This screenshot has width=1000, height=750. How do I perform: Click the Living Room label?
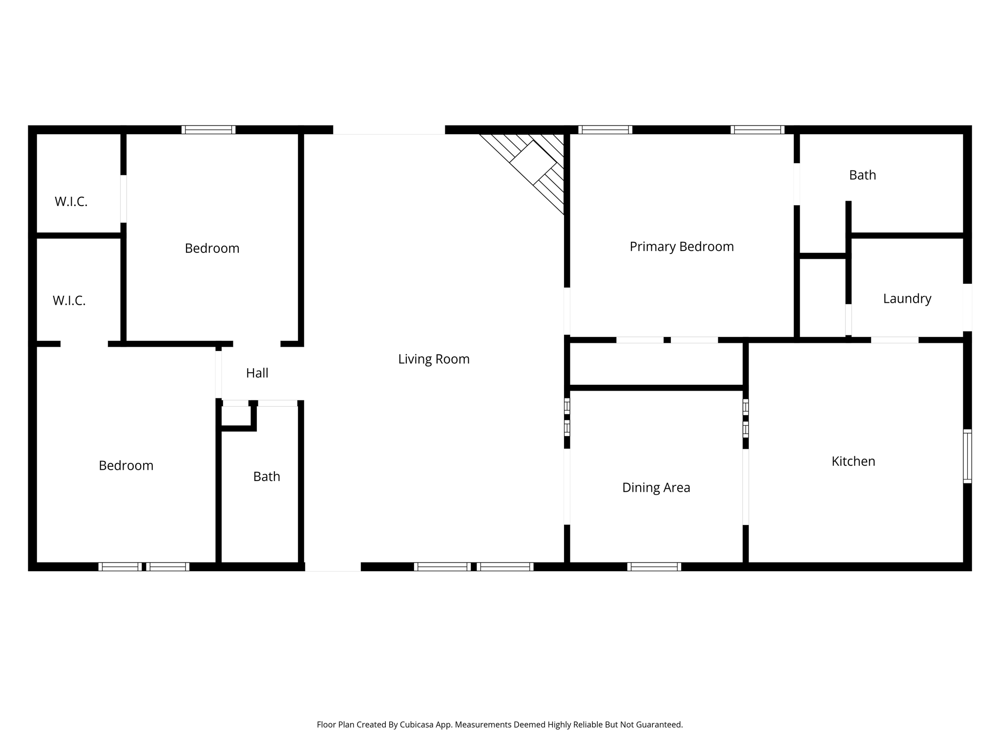tap(434, 359)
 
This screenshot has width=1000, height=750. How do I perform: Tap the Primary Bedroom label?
tap(682, 247)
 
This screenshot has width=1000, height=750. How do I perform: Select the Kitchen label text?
tap(853, 461)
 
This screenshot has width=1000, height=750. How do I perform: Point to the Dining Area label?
tap(656, 487)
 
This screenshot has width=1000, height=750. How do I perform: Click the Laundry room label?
tap(907, 299)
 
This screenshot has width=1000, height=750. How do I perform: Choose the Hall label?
tap(257, 373)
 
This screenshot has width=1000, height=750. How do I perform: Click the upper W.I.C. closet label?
tap(71, 202)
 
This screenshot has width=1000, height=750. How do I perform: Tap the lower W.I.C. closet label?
tap(69, 301)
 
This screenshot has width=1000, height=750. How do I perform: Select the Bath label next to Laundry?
tap(862, 175)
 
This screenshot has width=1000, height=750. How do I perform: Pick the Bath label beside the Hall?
tap(267, 477)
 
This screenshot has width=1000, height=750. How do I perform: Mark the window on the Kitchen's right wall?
tap(967, 456)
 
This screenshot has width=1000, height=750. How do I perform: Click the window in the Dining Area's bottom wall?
tap(654, 566)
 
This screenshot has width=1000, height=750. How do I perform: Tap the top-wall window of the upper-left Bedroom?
tap(208, 130)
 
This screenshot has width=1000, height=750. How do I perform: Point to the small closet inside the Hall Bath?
tap(236, 417)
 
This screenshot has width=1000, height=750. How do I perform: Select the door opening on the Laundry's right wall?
tap(967, 308)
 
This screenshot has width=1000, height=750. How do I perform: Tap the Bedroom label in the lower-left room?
tap(126, 466)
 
